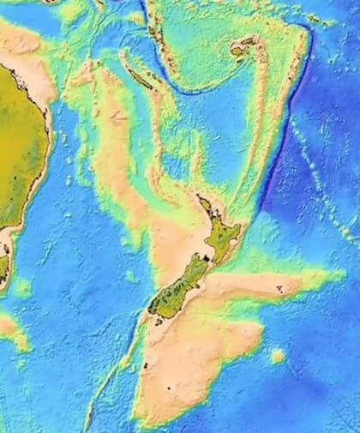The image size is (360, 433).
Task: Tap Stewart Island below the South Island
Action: (x=159, y=322)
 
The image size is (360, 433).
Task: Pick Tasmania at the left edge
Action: (x=3, y=262)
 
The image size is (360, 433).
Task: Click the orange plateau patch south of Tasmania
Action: (x=10, y=330)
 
